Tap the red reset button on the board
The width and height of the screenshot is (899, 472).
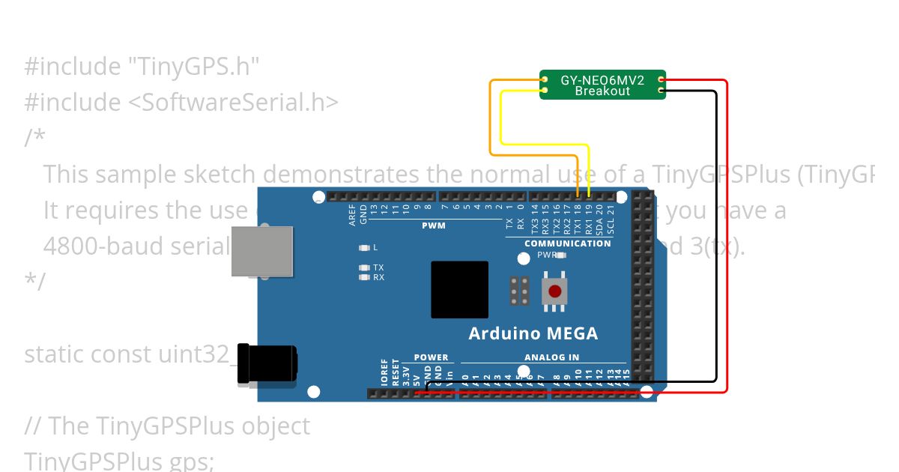554,291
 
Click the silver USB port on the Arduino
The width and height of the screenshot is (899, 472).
261,251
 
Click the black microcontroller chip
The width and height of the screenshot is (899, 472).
459,289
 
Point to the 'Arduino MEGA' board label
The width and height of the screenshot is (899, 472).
533,333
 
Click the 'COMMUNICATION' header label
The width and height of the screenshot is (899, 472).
567,243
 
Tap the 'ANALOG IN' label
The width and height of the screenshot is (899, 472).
551,357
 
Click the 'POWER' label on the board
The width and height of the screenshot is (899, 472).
431,357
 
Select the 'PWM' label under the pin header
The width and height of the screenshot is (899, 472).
433,225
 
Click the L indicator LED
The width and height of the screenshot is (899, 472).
365,247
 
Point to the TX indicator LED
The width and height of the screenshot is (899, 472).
365,267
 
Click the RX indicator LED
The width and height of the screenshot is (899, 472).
365,277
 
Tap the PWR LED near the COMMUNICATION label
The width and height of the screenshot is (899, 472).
561,255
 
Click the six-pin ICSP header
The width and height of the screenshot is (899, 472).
520,291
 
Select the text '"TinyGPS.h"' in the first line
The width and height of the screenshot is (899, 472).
193,67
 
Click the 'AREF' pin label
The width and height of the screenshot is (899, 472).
352,215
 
